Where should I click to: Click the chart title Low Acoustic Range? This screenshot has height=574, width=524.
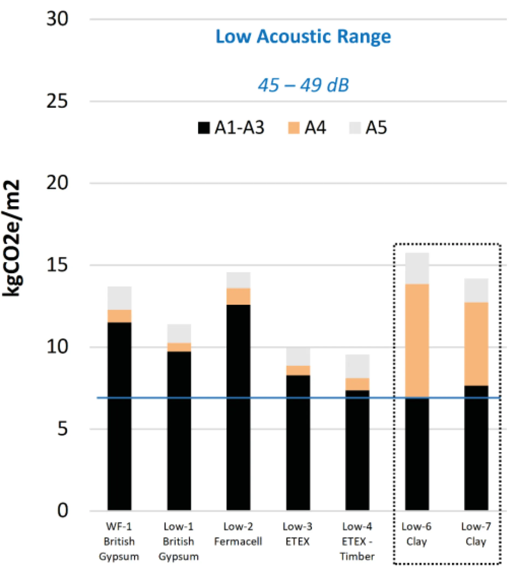pos(303,37)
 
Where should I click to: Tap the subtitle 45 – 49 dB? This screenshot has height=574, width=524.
pos(303,85)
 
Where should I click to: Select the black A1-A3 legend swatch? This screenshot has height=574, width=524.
pos(204,128)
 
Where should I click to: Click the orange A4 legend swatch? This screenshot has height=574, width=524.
pos(294,128)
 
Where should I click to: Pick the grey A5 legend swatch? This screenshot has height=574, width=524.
pos(355,128)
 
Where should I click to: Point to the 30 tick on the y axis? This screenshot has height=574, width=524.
pos(57,19)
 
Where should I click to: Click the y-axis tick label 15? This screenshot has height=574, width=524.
pos(57,265)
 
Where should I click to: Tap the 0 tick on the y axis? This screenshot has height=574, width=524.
pos(62,510)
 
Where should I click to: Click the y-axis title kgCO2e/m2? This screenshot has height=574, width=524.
pos(11,238)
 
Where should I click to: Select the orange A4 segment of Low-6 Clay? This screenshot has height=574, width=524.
pos(417,340)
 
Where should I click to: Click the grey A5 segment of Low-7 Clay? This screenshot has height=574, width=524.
pos(476,290)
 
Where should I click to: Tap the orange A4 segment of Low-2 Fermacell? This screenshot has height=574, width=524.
pos(238,296)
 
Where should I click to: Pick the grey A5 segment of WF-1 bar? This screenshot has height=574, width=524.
pos(119,298)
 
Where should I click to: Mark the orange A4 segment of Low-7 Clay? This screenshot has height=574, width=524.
pos(476,344)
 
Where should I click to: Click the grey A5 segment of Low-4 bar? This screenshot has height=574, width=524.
pos(357,366)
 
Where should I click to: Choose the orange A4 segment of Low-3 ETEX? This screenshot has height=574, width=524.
pos(298,370)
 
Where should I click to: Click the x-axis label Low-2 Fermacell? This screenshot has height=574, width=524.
pos(238,534)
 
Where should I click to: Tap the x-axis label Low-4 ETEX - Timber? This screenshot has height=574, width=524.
pos(357,541)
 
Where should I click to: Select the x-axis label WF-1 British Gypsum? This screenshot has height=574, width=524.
pos(119,541)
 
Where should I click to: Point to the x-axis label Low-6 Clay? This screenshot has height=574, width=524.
pos(416,534)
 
